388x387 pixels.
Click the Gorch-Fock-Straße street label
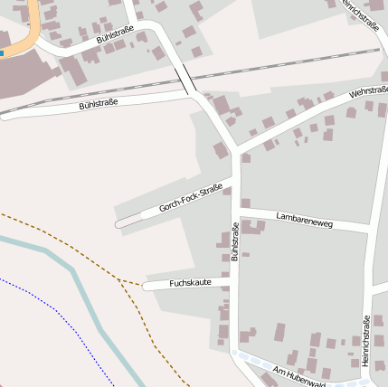click(191, 198)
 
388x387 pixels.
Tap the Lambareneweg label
click(303, 219)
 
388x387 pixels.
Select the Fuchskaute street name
click(189, 283)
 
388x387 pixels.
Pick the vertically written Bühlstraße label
click(235, 246)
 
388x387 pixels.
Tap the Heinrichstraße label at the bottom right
click(366, 340)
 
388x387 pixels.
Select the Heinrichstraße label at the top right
click(359, 16)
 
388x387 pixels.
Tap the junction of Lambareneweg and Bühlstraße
click(236, 210)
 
